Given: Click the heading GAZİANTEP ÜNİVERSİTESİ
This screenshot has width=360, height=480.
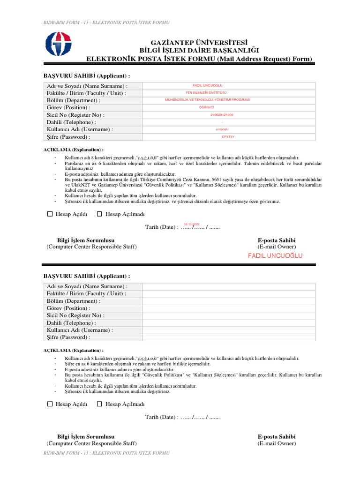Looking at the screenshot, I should [x=199, y=42].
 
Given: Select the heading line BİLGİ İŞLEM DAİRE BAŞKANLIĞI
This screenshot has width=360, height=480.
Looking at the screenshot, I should [x=199, y=51].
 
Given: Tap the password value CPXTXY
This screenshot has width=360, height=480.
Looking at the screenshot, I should [x=228, y=136].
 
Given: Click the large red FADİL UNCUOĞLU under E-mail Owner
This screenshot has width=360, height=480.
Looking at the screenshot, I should [x=275, y=255].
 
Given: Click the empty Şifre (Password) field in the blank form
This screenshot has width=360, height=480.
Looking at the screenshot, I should [x=229, y=337].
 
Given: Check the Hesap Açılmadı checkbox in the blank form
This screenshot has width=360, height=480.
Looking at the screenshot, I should [x=99, y=404].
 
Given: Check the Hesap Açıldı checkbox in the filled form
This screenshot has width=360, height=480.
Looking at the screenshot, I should [x=50, y=214].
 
